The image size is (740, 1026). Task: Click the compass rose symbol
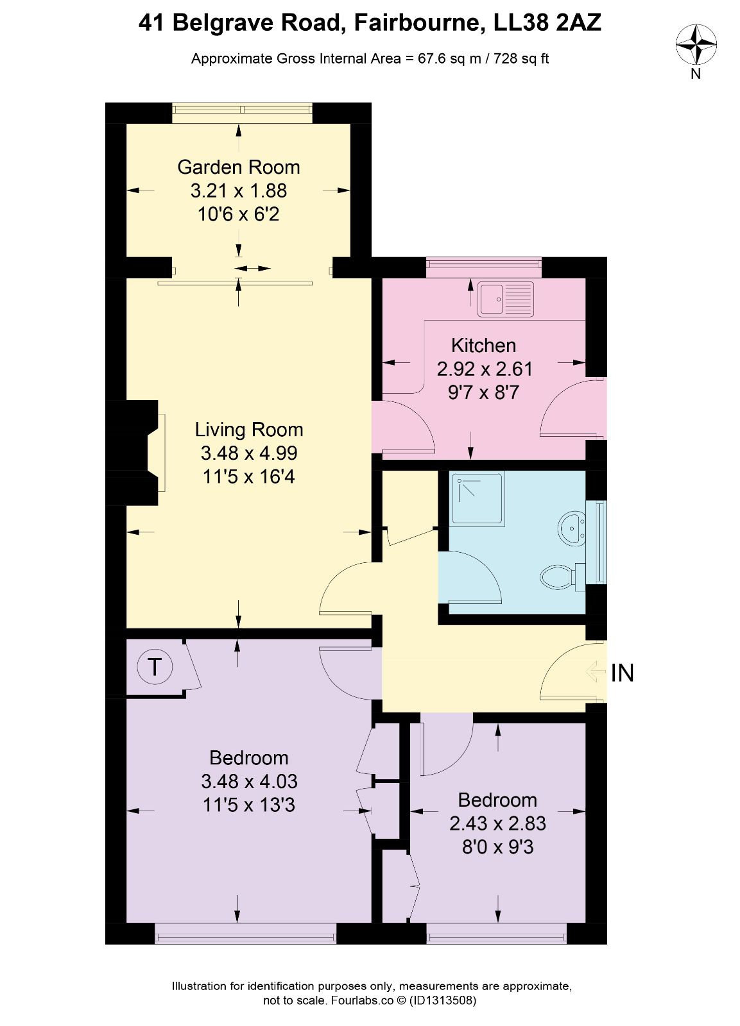(x=696, y=45)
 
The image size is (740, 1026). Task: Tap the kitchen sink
(x=506, y=299)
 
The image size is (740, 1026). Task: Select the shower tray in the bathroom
(x=478, y=498)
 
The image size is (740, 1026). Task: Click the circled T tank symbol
(x=155, y=667)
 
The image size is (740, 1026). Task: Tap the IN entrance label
(x=622, y=673)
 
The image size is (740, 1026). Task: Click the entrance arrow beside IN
(x=596, y=673)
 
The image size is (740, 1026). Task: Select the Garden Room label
(x=238, y=167)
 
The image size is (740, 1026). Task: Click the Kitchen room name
(x=483, y=346)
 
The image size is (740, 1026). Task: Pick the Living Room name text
(x=249, y=430)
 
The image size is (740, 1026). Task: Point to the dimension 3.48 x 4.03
(x=249, y=781)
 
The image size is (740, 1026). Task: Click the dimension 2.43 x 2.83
(x=497, y=823)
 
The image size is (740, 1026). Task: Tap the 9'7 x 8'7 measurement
(x=483, y=392)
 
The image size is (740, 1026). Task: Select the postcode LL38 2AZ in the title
(x=547, y=23)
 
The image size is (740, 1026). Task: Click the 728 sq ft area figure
(x=521, y=58)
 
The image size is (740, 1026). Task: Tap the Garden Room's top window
(x=242, y=113)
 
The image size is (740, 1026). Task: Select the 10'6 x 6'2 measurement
(x=238, y=214)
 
